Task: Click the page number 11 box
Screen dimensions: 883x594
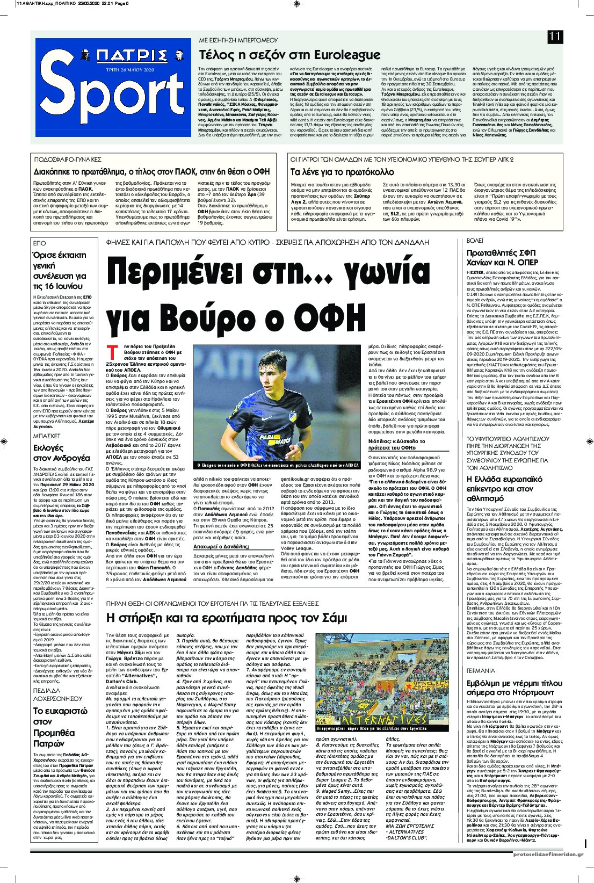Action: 555,37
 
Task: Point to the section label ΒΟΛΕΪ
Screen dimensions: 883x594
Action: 475,242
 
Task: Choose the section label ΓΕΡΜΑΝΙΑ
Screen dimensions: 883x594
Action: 481,671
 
